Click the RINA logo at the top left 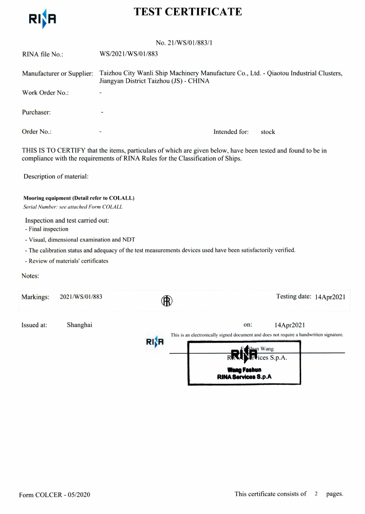pyautogui.click(x=42, y=19)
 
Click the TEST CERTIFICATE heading pyautogui.click(x=188, y=12)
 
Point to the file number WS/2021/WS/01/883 pyautogui.click(x=129, y=54)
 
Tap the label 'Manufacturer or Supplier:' pyautogui.click(x=58, y=74)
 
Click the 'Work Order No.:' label pyautogui.click(x=45, y=93)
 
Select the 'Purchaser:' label pyautogui.click(x=36, y=112)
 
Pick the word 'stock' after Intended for pyautogui.click(x=268, y=132)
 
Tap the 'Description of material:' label pyautogui.click(x=56, y=176)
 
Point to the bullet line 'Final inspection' pyautogui.click(x=48, y=229)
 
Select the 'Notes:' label pyautogui.click(x=30, y=276)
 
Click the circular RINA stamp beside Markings pyautogui.click(x=167, y=301)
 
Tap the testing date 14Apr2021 pyautogui.click(x=330, y=297)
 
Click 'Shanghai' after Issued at pyautogui.click(x=79, y=325)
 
